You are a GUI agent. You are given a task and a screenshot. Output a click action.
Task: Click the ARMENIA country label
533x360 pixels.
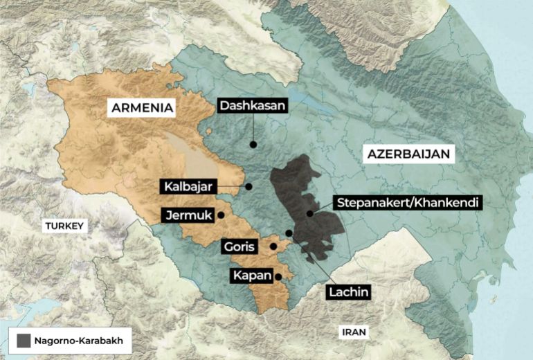[x=142, y=108]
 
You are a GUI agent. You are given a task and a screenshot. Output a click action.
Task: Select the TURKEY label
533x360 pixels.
[x=64, y=226]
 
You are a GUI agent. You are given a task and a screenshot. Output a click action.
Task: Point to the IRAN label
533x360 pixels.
[x=353, y=332]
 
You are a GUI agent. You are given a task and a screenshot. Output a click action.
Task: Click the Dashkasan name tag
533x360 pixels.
[x=252, y=106]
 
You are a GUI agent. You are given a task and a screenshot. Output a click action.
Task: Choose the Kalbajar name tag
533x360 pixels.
[x=190, y=186]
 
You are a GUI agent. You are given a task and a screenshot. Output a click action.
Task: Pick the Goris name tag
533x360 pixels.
[x=240, y=246]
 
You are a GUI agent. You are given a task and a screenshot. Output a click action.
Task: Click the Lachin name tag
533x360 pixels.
[x=348, y=291]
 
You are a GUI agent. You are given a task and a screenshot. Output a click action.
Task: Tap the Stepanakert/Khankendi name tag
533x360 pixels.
[x=407, y=203]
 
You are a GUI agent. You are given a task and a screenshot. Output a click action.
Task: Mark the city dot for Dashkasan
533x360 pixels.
[x=253, y=145]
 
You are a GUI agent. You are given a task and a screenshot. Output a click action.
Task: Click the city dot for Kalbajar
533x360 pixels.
[x=249, y=186]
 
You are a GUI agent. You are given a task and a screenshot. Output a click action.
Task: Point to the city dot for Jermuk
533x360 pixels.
[x=221, y=215]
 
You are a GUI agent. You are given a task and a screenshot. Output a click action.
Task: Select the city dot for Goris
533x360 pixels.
[x=273, y=246]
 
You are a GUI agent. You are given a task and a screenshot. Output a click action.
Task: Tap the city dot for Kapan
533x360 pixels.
[x=278, y=277]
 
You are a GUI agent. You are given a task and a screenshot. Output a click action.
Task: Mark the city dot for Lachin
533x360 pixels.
[x=289, y=233]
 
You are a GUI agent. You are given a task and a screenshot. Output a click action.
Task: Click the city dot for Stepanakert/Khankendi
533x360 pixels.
[x=310, y=213]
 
